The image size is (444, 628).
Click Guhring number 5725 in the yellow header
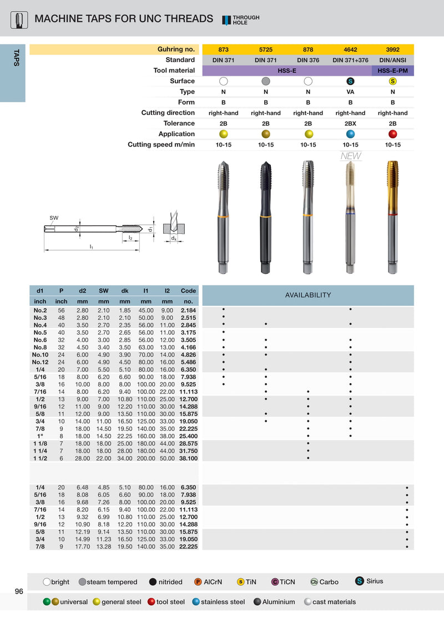[265, 49]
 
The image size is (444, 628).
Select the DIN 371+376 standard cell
[350, 60]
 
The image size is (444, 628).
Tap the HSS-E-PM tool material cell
[392, 71]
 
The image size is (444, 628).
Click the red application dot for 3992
[393, 134]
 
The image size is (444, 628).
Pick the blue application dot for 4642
[350, 134]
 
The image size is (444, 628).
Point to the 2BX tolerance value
[350, 123]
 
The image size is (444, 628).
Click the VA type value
[350, 92]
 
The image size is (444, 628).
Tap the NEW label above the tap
[351, 156]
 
